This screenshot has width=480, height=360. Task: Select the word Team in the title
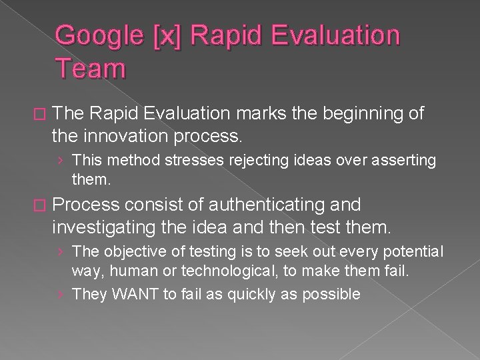point(90,67)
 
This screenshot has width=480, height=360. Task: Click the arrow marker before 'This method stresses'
point(61,160)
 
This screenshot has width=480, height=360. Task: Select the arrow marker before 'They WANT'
point(61,293)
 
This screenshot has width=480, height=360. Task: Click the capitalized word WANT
point(130,293)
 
